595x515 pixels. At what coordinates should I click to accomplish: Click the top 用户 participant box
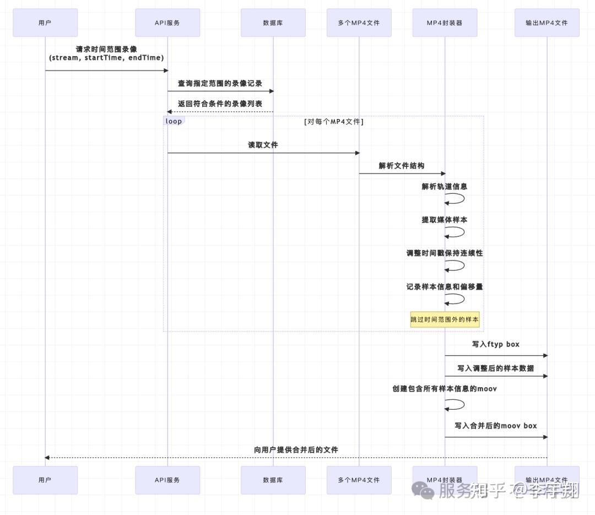45,23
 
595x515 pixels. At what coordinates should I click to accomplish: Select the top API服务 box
167,23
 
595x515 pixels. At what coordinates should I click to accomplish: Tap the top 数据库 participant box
273,23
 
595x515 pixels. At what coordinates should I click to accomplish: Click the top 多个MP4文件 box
359,23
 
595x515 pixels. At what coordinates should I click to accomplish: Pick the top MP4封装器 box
445,23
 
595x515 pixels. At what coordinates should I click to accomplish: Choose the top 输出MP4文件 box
547,23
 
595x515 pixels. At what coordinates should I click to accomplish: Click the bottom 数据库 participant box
273,480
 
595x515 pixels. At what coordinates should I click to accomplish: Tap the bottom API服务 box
167,480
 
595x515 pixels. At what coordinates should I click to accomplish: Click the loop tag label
174,121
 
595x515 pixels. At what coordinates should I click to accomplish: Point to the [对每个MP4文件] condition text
334,122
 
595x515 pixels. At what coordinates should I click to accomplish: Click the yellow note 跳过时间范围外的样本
445,319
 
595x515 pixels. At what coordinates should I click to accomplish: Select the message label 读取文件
263,145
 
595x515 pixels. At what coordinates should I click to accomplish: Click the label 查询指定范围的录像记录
220,83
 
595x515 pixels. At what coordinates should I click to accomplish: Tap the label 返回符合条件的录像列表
220,104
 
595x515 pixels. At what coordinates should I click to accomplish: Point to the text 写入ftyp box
495,344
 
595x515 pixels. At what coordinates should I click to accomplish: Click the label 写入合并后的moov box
495,426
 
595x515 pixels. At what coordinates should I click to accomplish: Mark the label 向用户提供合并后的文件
296,450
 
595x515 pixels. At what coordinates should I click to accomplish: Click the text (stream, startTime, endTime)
106,58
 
